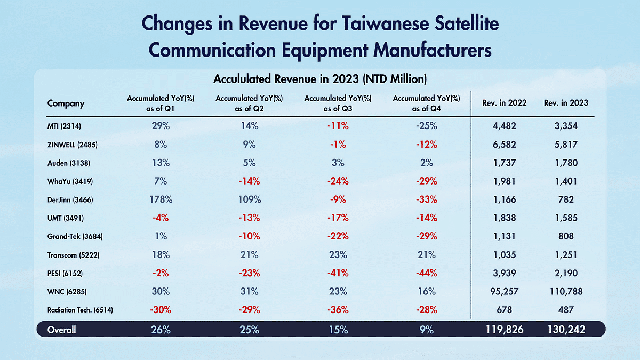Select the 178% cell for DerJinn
tap(161, 199)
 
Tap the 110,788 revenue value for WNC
tap(565, 292)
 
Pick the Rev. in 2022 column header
tap(504, 103)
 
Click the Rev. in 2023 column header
tap(565, 103)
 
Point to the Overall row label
tap(62, 330)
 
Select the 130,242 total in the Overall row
tap(565, 330)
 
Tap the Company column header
tap(66, 103)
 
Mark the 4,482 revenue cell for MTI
tap(504, 126)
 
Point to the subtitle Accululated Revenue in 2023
tap(319, 79)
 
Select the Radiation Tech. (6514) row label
tap(80, 310)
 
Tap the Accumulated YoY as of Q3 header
tap(338, 103)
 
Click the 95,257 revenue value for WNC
tap(504, 292)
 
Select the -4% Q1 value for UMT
tap(161, 218)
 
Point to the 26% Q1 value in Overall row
tap(161, 330)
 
